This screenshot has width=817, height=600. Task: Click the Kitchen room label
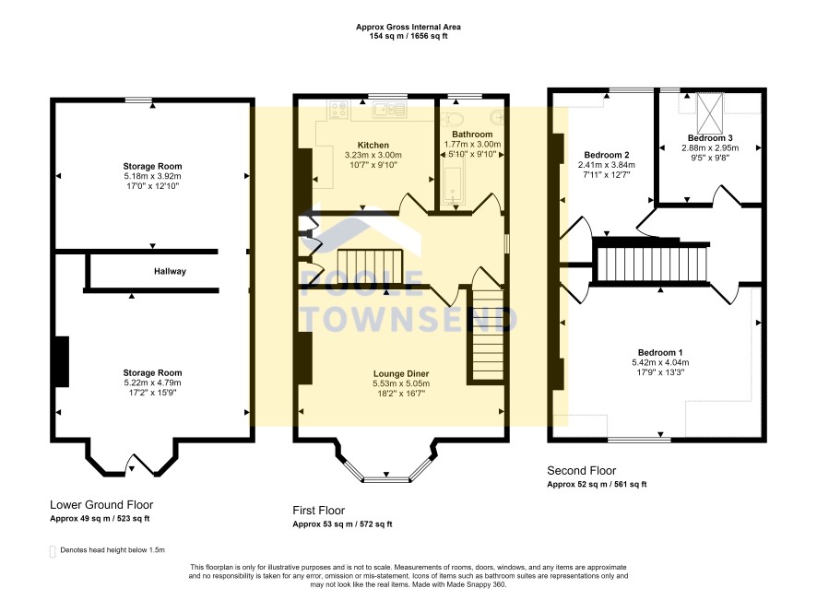(x=373, y=145)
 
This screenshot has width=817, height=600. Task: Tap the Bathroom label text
(x=472, y=134)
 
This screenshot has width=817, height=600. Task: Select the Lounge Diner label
(x=401, y=373)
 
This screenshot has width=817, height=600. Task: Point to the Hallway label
(x=170, y=271)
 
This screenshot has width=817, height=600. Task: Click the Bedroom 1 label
(x=660, y=353)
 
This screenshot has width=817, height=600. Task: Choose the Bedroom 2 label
(x=607, y=155)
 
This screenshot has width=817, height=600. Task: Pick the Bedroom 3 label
(x=710, y=138)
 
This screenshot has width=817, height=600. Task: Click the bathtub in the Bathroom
(x=453, y=186)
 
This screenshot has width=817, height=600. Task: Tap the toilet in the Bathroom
(x=452, y=120)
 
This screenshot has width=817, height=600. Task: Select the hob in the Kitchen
(x=339, y=110)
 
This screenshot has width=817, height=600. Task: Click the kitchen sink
(x=389, y=110)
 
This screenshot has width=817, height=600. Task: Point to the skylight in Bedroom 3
(x=710, y=113)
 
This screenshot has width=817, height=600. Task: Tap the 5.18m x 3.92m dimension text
(x=153, y=176)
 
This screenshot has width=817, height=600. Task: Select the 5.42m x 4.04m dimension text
(x=660, y=362)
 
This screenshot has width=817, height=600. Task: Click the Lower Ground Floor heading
(x=101, y=505)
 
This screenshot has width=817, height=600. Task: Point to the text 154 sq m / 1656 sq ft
(x=408, y=37)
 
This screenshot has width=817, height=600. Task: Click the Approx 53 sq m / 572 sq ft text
(x=342, y=524)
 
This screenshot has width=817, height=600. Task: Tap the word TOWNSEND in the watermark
(x=409, y=318)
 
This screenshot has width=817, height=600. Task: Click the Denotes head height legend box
(x=53, y=551)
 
